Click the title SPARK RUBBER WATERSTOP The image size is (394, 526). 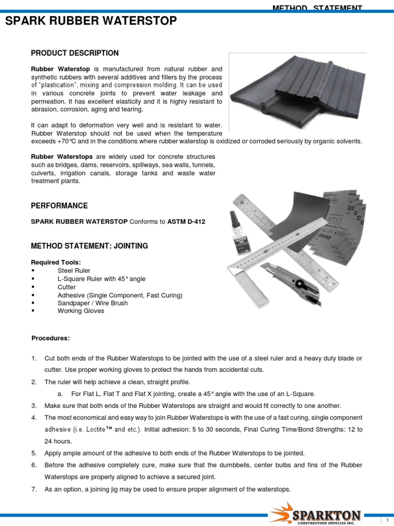(91, 21)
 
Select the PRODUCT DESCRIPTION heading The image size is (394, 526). (74, 53)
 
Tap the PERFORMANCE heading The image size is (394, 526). (60, 206)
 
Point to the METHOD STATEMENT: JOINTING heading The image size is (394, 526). (89, 246)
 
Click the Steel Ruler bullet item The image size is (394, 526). (74, 271)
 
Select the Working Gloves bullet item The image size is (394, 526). (81, 311)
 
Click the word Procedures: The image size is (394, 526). (51, 338)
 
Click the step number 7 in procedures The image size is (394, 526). (34, 490)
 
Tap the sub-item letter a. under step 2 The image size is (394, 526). (60, 394)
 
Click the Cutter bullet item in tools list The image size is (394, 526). (67, 287)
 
